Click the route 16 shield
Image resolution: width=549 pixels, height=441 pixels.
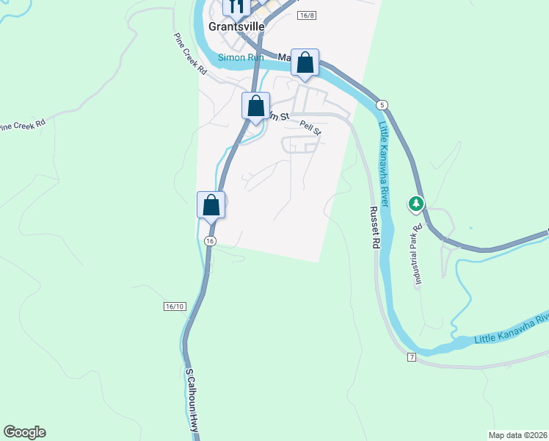(x=211, y=241)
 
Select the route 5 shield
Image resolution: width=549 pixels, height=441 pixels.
(x=382, y=105)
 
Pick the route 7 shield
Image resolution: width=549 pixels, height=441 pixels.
(x=412, y=357)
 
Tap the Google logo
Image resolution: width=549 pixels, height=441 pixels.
(x=24, y=432)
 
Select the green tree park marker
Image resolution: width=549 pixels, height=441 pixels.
(x=416, y=203)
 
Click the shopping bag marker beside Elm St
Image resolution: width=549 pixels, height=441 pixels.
(x=255, y=107)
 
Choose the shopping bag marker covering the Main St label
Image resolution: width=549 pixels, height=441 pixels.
(x=305, y=64)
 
